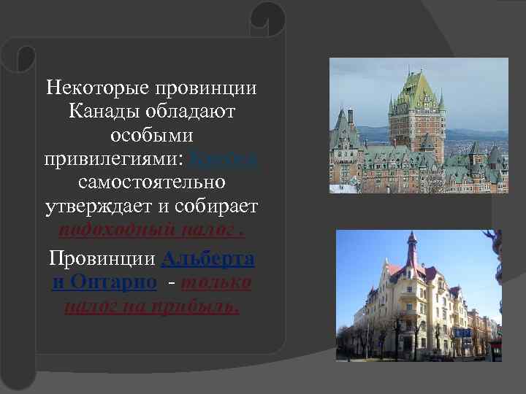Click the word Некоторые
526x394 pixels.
coord(95,88)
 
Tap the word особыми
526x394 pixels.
coord(151,136)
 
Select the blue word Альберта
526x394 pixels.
coord(207,258)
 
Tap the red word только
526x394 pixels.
coord(217,282)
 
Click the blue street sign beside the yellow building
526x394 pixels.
coord(462,332)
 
